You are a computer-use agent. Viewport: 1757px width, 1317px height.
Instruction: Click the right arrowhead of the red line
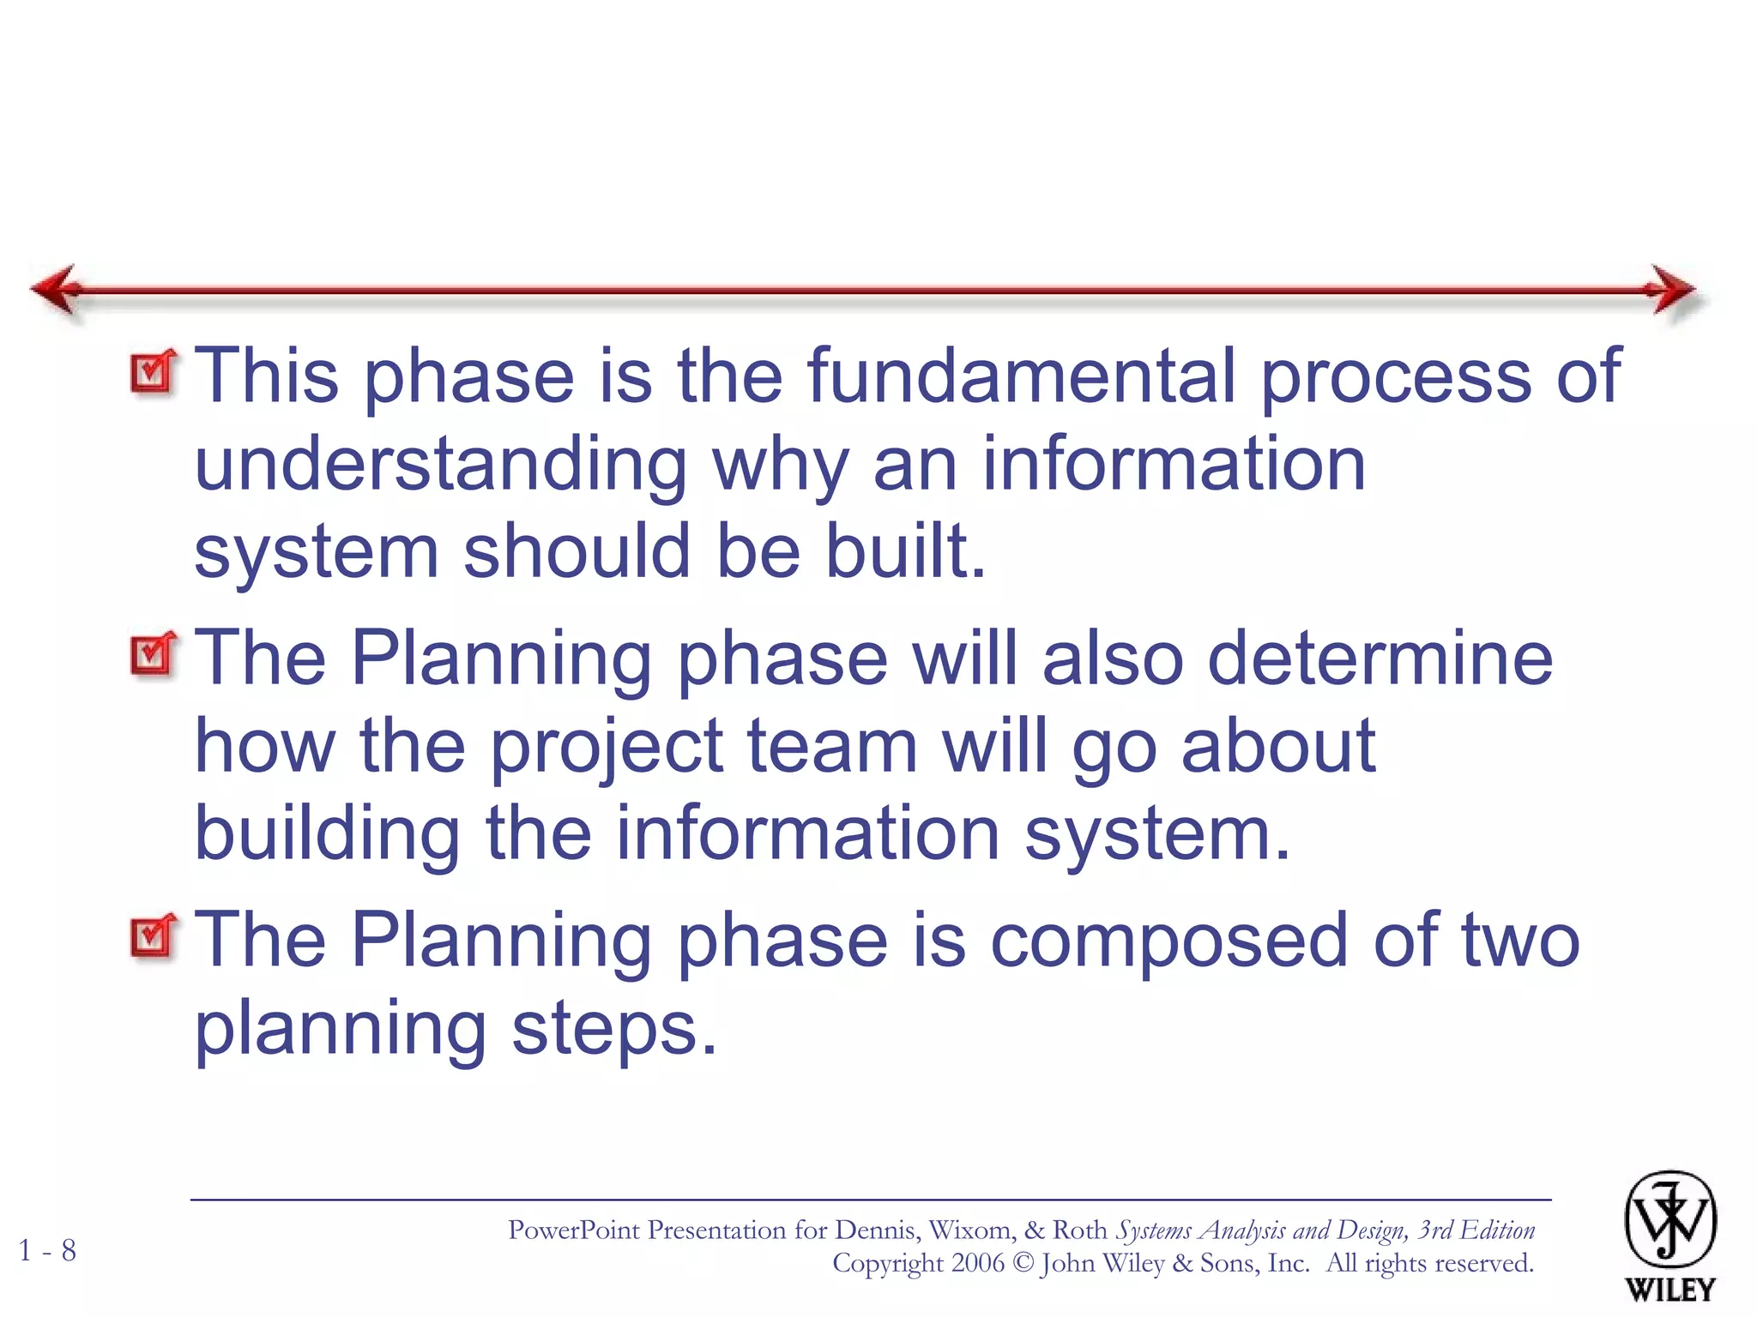point(1671,290)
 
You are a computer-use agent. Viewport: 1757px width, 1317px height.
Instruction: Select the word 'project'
point(607,747)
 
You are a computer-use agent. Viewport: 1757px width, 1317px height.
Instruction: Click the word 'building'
point(328,834)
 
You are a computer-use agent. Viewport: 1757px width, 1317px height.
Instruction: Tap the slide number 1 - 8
point(47,1250)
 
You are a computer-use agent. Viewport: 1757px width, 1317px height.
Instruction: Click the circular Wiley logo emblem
point(1669,1219)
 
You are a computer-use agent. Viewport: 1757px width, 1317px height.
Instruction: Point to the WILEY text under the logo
point(1669,1290)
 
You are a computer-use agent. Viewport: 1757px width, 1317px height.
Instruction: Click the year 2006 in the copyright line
point(977,1263)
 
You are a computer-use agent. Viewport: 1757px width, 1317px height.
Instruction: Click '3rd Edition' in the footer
point(1476,1230)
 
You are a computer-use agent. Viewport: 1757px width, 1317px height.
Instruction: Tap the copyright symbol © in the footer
point(1023,1264)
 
